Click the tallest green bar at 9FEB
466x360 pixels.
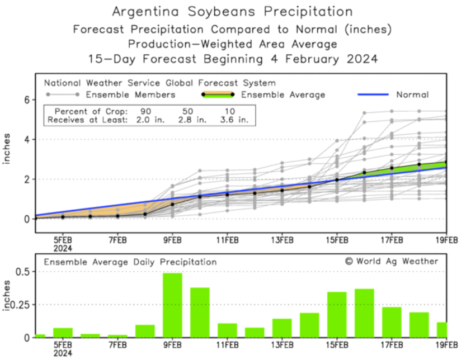point(172,305)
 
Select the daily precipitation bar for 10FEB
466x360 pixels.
point(200,312)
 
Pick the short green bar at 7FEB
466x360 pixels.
point(117,335)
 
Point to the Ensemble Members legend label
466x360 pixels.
point(139,94)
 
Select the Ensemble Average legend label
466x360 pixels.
point(283,94)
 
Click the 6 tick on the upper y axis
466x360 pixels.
point(26,100)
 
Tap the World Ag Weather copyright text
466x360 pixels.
point(391,261)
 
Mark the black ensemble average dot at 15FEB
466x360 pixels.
point(337,179)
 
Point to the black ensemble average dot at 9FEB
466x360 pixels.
point(172,204)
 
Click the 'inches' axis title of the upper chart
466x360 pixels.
point(8,148)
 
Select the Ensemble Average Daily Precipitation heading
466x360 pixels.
point(130,261)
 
